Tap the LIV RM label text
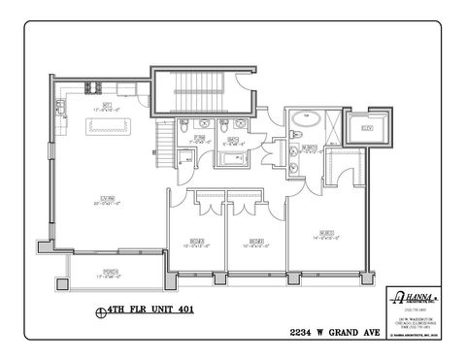click(103, 199)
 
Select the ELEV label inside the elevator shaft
click(367, 127)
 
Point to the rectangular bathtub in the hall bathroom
click(233, 156)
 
